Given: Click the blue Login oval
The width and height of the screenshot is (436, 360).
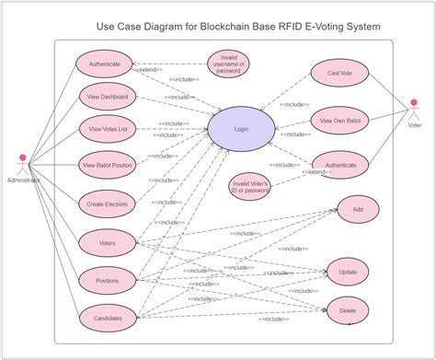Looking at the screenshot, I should click(x=241, y=130).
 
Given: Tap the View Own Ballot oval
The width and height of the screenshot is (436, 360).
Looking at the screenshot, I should click(x=339, y=121).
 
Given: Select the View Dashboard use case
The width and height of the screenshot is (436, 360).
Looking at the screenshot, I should click(x=108, y=96).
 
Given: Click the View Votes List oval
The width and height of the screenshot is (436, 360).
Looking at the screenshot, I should click(x=108, y=130).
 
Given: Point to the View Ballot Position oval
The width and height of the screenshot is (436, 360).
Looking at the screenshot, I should click(x=108, y=166).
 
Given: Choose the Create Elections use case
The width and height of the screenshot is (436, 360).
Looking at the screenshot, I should click(x=108, y=203).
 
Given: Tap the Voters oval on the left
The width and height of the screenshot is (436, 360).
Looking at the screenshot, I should click(x=108, y=243).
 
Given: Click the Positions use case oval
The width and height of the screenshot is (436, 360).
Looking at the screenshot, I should click(x=108, y=280).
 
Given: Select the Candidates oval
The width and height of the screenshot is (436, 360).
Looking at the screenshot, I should click(x=108, y=318).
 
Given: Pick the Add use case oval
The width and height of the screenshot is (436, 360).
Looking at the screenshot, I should click(x=358, y=210).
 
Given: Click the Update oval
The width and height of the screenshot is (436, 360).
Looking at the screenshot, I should click(x=348, y=273).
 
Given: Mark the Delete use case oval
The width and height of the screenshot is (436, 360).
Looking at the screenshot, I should click(x=348, y=310).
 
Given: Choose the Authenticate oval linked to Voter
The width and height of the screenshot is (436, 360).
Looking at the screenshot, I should click(x=339, y=166).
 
